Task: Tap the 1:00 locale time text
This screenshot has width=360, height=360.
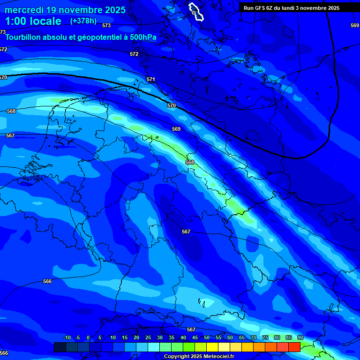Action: point(33,21)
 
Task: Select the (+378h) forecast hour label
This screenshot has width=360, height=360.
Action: point(83,21)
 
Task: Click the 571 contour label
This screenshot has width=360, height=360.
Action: point(150,79)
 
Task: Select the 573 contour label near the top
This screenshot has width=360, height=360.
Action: point(106,25)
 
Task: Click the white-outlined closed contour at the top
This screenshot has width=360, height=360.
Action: point(196,12)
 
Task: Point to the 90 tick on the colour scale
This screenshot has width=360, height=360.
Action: point(300,337)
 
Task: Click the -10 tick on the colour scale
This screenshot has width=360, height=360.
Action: point(67,337)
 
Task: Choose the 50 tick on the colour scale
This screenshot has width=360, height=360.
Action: point(207,337)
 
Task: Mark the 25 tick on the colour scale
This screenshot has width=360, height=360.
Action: point(148,337)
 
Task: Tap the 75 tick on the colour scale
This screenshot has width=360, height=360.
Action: point(265,337)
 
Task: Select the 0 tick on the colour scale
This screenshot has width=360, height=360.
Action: point(88,337)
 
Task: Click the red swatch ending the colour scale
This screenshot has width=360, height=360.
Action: point(294,347)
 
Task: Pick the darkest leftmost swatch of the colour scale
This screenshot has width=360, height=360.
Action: point(60,347)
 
